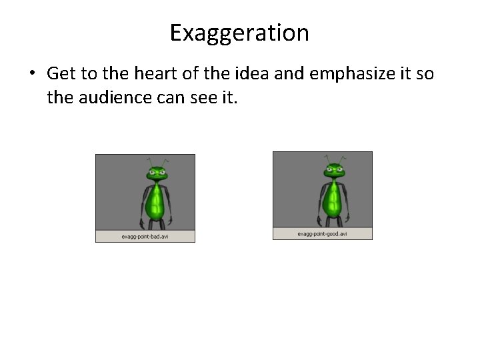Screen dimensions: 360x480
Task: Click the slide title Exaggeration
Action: pos(239,33)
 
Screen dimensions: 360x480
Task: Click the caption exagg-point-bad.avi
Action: pos(145,237)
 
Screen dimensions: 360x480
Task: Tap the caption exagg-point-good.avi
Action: pos(323,234)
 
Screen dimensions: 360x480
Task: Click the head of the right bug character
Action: pos(333,171)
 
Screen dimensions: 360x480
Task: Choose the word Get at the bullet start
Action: pos(61,73)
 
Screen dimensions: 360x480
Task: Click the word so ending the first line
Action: pos(424,73)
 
